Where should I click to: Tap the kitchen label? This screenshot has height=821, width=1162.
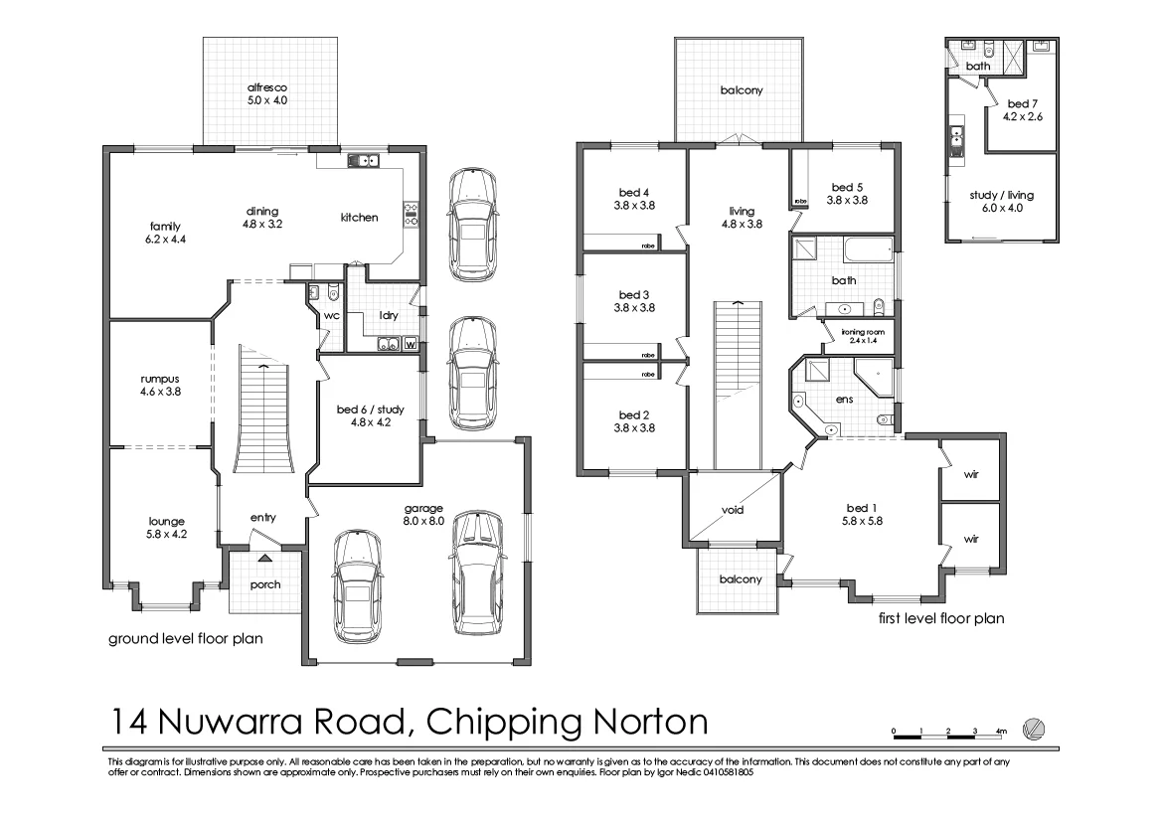click(359, 217)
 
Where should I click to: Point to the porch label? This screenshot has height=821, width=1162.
click(265, 584)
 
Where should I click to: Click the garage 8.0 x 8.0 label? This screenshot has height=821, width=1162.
click(422, 514)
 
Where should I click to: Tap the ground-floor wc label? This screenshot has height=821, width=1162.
click(332, 315)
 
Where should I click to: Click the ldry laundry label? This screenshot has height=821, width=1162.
click(388, 315)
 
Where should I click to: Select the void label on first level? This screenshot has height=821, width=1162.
click(733, 510)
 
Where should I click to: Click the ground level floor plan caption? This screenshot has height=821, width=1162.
click(185, 639)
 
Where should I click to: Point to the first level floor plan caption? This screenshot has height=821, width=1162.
click(940, 618)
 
